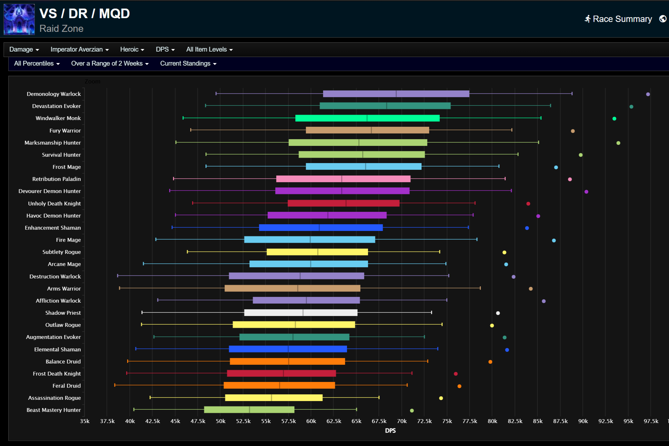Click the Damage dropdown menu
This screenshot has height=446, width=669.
[x=24, y=49]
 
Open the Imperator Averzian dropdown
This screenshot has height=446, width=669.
[x=79, y=49]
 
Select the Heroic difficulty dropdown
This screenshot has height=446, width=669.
[x=132, y=49]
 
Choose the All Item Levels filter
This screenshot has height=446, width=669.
[x=209, y=49]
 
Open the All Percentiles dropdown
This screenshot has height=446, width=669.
[x=37, y=63]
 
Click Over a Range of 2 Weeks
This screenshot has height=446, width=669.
[x=110, y=63]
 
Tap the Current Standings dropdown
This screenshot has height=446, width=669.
[x=188, y=63]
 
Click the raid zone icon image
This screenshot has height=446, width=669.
[x=19, y=19]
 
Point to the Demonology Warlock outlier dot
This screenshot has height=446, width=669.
[x=648, y=94]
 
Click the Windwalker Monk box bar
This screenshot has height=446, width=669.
[x=367, y=118]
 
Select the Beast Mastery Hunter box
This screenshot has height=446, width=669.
[x=249, y=410]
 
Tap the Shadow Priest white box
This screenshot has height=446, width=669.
[x=300, y=313]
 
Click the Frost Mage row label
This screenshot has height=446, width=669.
[x=67, y=167]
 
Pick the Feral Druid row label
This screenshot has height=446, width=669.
[x=67, y=386]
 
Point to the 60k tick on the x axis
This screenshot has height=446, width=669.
[x=311, y=421]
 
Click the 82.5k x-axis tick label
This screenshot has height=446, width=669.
[x=515, y=421]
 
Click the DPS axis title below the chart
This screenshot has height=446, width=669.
[x=390, y=431]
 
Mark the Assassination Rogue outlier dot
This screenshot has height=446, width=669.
[x=441, y=398]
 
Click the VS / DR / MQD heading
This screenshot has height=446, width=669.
[x=84, y=14]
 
